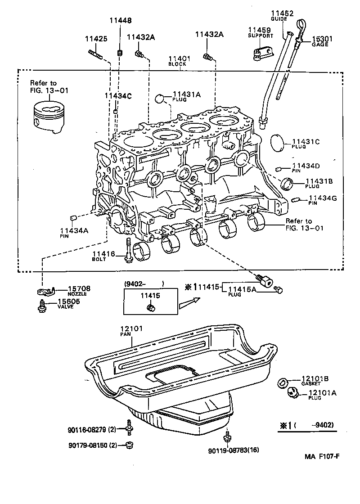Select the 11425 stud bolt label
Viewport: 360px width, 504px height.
[x=96, y=39]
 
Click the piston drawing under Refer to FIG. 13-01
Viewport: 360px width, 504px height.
[x=49, y=118]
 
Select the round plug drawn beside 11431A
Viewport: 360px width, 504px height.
[x=162, y=99]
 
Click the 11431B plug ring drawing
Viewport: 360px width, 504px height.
[x=286, y=184]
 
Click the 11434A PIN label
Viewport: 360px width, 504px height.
[x=74, y=232]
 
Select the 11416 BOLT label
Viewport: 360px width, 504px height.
[x=106, y=256]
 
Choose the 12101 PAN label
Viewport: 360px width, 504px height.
[x=131, y=331]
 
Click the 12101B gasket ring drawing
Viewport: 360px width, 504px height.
[x=283, y=382]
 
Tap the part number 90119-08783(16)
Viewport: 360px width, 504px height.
[x=234, y=450]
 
